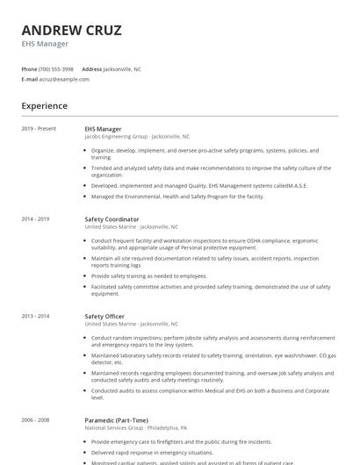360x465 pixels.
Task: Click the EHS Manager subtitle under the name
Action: click(45, 43)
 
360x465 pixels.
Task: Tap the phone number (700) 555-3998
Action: click(56, 68)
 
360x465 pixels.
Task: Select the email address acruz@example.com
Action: click(64, 79)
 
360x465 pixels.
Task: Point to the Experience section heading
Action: click(45, 106)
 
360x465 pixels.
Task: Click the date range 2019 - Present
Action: click(39, 129)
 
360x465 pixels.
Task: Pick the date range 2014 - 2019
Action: click(35, 218)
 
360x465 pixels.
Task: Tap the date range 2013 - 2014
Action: click(35, 316)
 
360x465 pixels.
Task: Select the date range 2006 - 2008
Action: click(35, 420)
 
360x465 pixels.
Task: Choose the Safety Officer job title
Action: click(104, 316)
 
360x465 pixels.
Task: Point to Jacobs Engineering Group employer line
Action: click(136, 137)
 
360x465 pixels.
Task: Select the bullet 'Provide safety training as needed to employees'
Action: click(149, 275)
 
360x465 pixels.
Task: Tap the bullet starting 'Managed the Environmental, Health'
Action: click(177, 197)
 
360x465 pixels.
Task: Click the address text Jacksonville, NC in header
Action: click(122, 68)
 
